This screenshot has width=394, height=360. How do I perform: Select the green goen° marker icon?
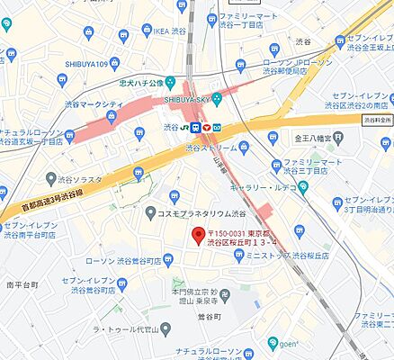(x=273, y=343)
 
